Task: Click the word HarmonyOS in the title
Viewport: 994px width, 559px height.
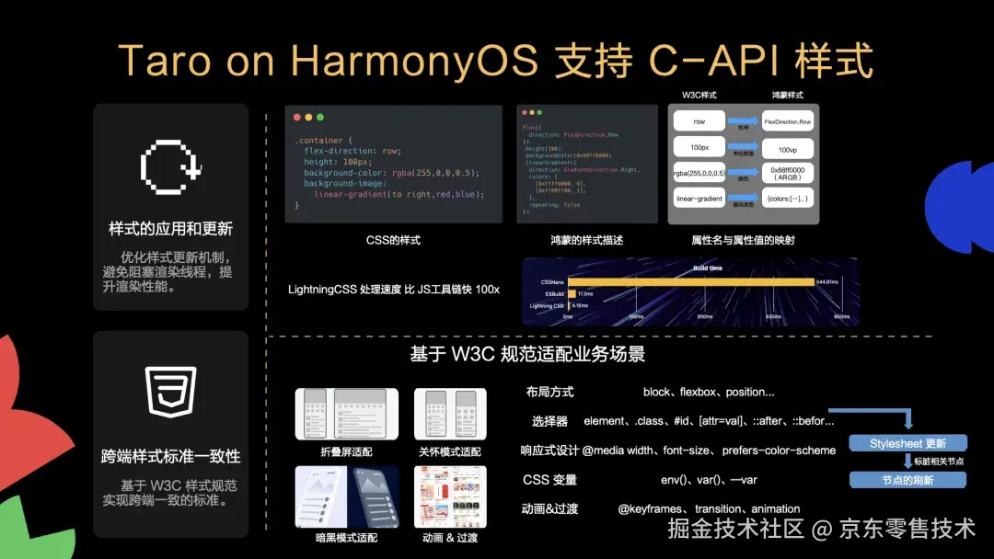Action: (413, 61)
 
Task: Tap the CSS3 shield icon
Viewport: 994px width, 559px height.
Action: (171, 391)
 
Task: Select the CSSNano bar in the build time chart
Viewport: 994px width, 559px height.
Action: (689, 281)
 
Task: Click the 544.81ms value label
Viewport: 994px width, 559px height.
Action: (827, 281)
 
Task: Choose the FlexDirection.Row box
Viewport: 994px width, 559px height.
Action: (788, 121)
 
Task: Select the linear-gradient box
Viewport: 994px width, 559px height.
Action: (699, 198)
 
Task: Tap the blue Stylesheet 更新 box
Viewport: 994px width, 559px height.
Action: (907, 443)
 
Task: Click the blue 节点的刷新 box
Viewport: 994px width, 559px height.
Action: (907, 479)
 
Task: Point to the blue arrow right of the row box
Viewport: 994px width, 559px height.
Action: (743, 121)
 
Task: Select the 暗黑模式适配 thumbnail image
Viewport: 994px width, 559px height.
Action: (346, 496)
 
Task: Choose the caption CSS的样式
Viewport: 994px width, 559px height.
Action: (393, 240)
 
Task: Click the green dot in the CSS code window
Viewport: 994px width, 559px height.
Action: (320, 118)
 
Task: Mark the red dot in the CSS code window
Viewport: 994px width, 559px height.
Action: (296, 118)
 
